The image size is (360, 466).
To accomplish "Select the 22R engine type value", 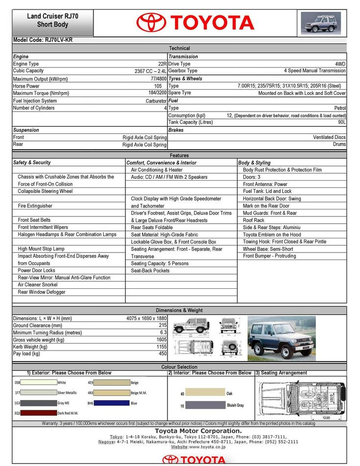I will pyautogui.click(x=162, y=64).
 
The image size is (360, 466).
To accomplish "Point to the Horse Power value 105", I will pyautogui.click(x=158, y=86).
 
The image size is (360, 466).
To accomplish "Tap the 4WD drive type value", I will pyautogui.click(x=340, y=64).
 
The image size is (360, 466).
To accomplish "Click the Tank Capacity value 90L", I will pyautogui.click(x=341, y=122).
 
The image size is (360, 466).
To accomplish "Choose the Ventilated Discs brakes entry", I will pyautogui.click(x=329, y=138).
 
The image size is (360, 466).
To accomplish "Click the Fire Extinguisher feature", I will pyautogui.click(x=35, y=206).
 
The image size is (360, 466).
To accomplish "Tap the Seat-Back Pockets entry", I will pyautogui.click(x=150, y=271).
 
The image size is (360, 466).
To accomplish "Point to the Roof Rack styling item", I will pyautogui.click(x=253, y=220).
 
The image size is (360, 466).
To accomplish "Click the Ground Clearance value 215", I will pyautogui.click(x=163, y=325).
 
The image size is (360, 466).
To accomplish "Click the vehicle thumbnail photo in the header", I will pyautogui.click(x=321, y=23).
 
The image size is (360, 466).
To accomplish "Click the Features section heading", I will pyautogui.click(x=179, y=155).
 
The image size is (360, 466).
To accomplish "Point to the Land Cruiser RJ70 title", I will pyautogui.click(x=52, y=16).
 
